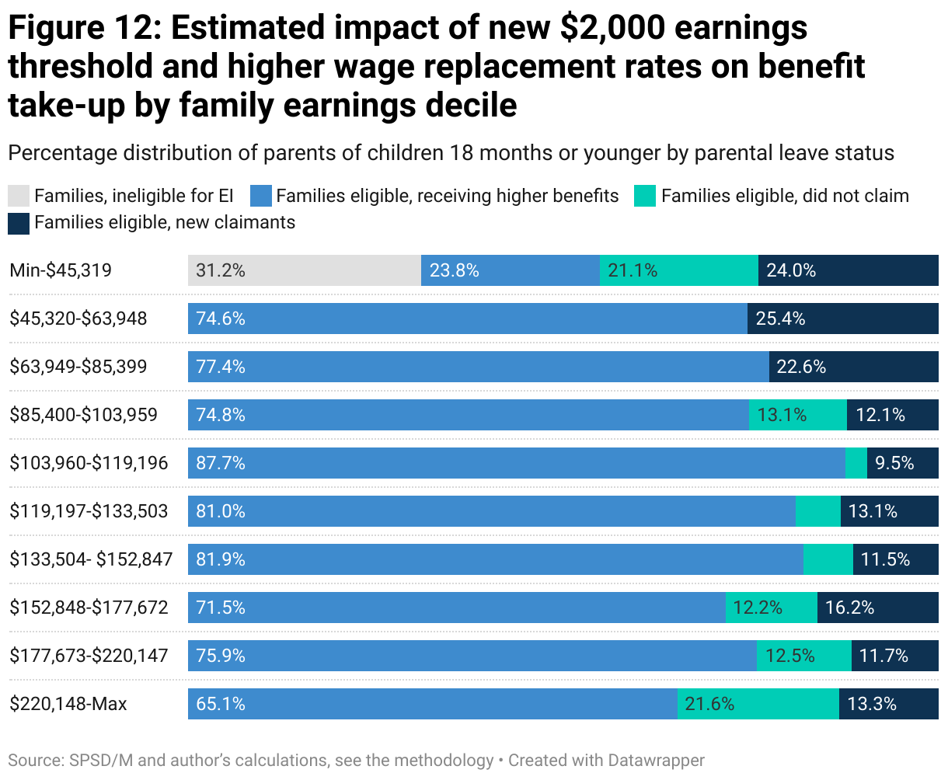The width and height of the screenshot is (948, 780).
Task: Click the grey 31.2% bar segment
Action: [x=304, y=270]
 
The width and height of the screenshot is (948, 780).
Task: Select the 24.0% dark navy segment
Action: [x=848, y=270]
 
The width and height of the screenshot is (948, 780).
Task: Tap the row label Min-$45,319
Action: [x=61, y=270]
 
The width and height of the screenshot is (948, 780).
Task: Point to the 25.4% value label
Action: [x=780, y=319]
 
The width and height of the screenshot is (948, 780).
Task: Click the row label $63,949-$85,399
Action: [x=78, y=367]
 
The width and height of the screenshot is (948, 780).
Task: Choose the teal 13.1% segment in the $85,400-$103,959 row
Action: [x=797, y=415]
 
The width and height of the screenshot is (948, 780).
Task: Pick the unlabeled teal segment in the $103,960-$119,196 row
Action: [x=856, y=463]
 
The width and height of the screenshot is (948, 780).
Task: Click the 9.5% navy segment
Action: [x=902, y=463]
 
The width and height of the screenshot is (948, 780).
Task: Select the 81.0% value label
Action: [x=221, y=511]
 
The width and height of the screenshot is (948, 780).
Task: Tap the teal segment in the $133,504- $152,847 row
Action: [x=828, y=559]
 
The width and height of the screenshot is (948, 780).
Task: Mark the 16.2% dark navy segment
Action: [x=877, y=608]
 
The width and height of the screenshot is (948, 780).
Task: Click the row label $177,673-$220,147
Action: [x=89, y=656]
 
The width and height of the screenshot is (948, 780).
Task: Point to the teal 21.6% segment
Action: [x=758, y=704]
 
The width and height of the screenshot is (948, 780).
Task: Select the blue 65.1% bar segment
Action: [x=432, y=704]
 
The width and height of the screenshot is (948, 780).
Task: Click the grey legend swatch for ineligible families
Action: [x=19, y=196]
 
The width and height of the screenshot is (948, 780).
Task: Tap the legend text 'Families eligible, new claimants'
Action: [x=165, y=223]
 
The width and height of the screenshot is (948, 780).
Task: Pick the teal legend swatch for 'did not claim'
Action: [x=645, y=196]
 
